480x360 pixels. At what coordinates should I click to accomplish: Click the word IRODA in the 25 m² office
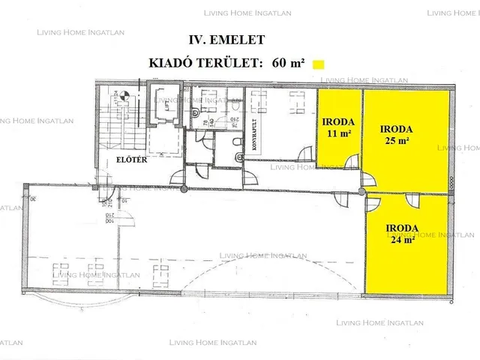(394, 128)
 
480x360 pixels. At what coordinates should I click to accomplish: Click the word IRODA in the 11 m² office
(339, 121)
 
